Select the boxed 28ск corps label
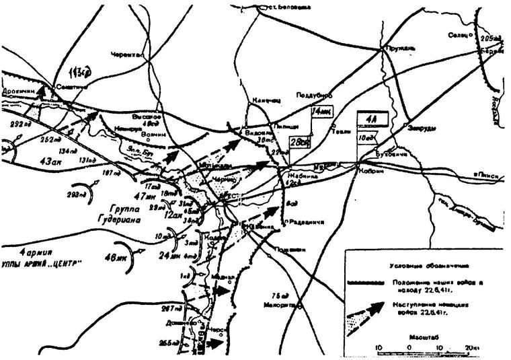click(x=299, y=143)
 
